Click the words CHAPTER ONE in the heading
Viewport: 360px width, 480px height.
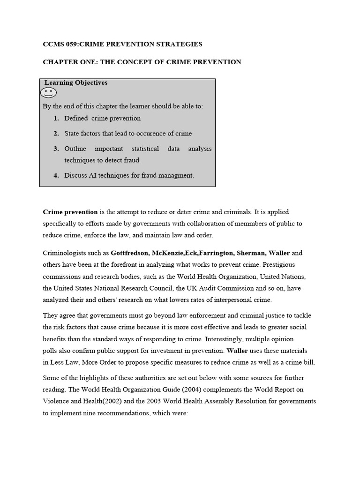pyautogui.click(x=66, y=62)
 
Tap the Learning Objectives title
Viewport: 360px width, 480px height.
pyautogui.click(x=76, y=83)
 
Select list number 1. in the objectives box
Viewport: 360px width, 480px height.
pyautogui.click(x=56, y=119)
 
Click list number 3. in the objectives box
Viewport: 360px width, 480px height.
pyautogui.click(x=56, y=149)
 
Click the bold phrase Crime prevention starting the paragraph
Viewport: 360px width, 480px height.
pyautogui.click(x=70, y=212)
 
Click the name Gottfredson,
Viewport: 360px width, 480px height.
pyautogui.click(x=130, y=253)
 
